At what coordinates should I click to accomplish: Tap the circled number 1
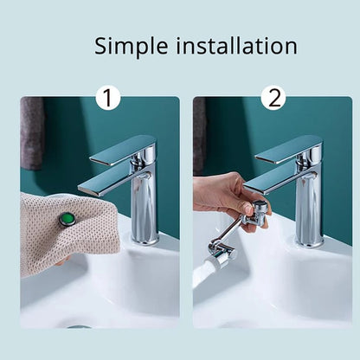click(x=107, y=98)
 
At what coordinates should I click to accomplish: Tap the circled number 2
click(x=273, y=98)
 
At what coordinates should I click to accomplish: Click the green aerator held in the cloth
click(x=67, y=220)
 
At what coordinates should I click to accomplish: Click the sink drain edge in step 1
click(x=78, y=327)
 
